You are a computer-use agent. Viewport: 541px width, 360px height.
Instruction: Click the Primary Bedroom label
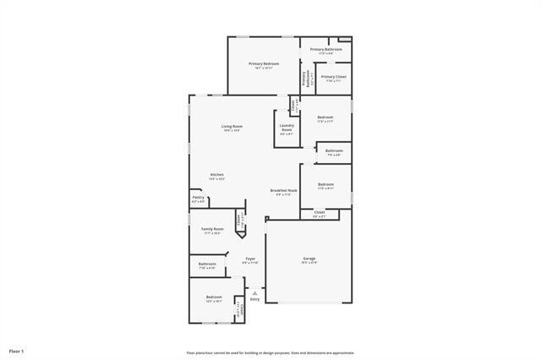264,64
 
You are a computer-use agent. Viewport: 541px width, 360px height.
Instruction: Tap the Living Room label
232,127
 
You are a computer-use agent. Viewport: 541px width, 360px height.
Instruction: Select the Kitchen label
216,175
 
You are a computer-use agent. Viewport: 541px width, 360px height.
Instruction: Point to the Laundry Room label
287,129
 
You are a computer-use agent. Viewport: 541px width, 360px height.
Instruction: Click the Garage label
309,259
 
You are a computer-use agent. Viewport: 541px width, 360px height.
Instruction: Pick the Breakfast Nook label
284,191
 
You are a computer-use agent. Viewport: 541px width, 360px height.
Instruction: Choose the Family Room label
212,229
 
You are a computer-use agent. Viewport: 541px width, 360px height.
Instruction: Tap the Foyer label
250,259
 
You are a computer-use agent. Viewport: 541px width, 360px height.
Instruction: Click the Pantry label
198,198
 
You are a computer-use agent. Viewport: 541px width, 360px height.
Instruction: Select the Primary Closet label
333,77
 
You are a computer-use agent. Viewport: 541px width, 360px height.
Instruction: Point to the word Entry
254,297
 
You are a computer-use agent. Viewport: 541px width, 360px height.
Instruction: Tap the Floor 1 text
17,350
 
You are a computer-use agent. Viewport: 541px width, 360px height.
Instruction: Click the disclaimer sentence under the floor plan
270,352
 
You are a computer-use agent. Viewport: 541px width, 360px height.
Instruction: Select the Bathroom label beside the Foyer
207,265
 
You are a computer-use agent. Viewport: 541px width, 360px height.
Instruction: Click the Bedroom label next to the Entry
214,297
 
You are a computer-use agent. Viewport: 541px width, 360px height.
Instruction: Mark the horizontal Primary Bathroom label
325,50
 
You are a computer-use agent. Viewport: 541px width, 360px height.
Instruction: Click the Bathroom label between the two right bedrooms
333,151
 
